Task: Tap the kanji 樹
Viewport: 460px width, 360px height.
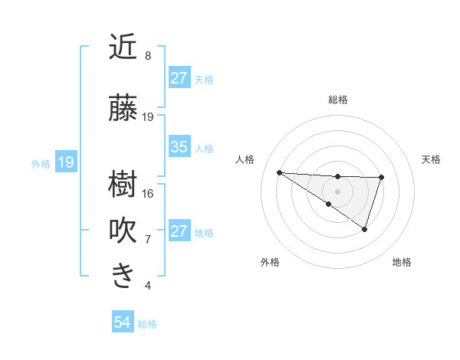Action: [123, 184]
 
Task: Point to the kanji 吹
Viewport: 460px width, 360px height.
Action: [123, 230]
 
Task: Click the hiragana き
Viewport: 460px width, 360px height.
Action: [123, 276]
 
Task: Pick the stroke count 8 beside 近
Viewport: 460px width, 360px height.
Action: [148, 56]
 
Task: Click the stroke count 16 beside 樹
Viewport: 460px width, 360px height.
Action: [148, 193]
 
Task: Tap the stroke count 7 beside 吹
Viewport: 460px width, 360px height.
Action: [148, 239]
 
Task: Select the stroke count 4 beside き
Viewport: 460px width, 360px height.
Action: [148, 286]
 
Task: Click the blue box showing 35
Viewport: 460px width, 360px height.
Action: [179, 147]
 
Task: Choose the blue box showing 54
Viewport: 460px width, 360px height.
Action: [122, 322]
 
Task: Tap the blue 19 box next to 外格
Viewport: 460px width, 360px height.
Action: [66, 162]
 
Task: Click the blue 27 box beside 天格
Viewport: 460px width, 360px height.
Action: [179, 77]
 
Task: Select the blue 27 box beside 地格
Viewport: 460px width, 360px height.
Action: [179, 231]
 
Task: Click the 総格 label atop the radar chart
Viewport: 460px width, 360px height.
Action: [337, 100]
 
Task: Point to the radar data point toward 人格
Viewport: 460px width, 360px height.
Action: [279, 172]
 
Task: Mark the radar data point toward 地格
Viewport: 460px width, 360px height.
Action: [365, 229]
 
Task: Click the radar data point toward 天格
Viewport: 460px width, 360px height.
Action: [381, 178]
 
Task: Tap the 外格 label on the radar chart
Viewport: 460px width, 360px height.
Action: [270, 263]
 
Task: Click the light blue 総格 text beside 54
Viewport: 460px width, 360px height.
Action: [147, 324]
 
